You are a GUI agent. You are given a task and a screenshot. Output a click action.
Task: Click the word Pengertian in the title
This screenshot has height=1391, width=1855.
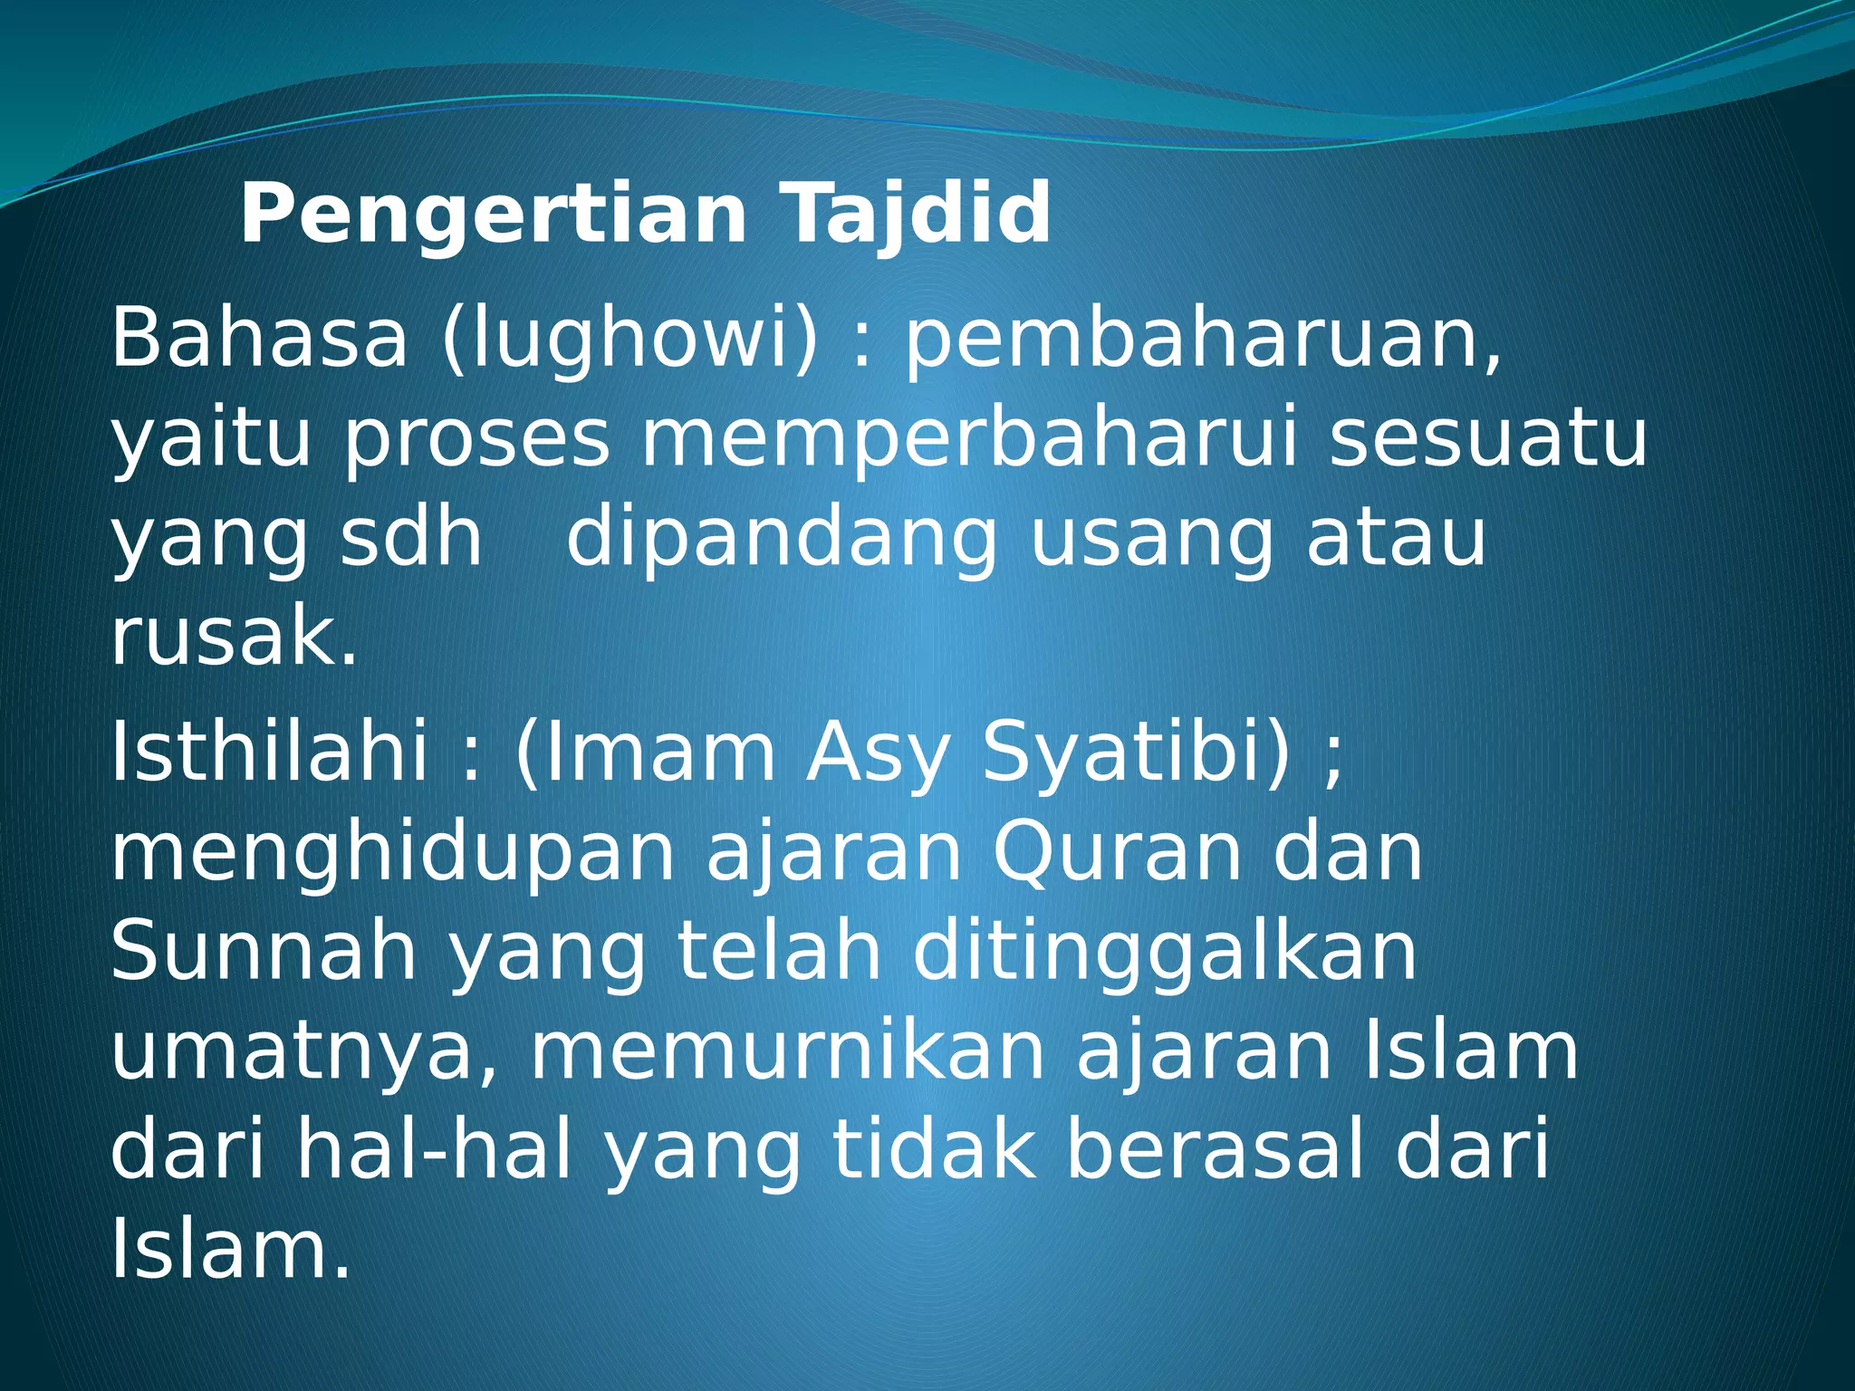[x=493, y=215]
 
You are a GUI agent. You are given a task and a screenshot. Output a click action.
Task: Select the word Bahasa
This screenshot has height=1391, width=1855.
[x=259, y=339]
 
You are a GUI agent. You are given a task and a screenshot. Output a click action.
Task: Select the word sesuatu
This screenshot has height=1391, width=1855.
[x=1486, y=440]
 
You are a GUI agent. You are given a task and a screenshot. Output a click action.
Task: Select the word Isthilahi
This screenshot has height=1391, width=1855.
[x=269, y=753]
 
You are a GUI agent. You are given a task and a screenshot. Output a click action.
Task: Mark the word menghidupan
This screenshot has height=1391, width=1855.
[x=392, y=854]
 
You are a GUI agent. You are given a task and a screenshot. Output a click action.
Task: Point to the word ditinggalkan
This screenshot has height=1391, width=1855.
[x=1164, y=953]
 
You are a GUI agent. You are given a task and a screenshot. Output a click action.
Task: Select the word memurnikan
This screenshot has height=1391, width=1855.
[x=787, y=1052]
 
